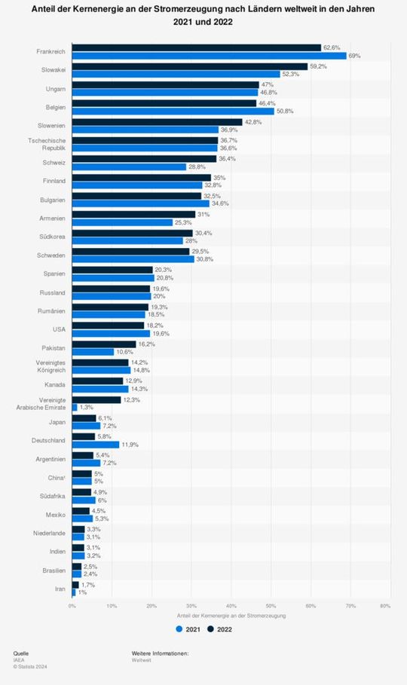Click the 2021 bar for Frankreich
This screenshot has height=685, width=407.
pos(209,56)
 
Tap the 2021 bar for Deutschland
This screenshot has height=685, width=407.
pos(96,444)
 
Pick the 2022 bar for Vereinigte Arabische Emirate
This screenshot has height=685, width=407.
pos(96,399)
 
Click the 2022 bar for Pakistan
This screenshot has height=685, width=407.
pos(104,344)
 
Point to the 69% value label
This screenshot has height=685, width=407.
pos(353,56)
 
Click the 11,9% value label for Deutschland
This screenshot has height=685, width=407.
pos(130,444)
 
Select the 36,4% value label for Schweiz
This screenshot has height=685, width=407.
pos(227,159)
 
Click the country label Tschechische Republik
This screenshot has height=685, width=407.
pos(49,145)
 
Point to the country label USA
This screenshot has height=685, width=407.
pos(58,329)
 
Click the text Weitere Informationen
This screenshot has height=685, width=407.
pos(160,652)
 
